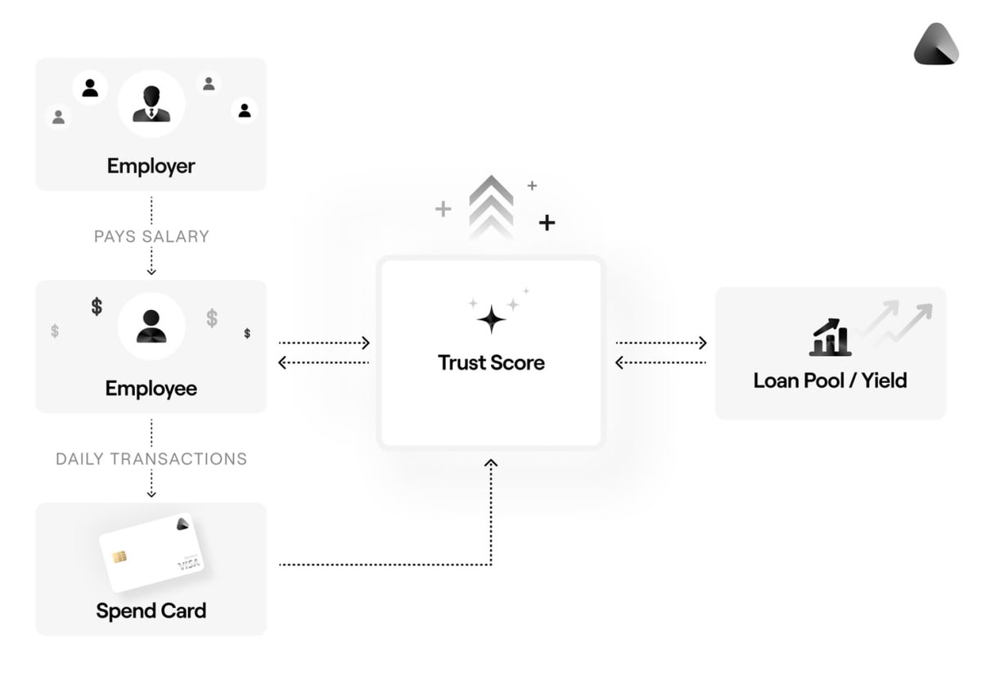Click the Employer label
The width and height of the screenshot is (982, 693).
point(151,166)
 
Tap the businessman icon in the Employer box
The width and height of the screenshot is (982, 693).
point(151,104)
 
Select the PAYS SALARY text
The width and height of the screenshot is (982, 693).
point(151,236)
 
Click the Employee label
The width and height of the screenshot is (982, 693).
point(151,389)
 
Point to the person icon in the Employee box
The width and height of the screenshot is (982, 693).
point(151,326)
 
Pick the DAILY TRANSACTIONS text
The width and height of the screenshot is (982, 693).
point(151,459)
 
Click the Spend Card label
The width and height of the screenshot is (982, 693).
point(151,611)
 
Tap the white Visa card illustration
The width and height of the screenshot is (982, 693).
point(151,552)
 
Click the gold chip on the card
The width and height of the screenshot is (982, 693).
point(119,557)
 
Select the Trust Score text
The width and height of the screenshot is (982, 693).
point(491,362)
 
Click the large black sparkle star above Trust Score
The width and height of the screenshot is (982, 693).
point(491,319)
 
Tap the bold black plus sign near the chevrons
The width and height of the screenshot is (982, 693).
point(547,223)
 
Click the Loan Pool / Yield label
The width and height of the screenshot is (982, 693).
point(830,380)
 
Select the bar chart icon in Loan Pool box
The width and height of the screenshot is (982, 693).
point(830,337)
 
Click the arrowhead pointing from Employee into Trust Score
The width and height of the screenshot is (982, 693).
point(366,343)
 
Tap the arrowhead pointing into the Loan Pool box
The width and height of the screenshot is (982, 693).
point(702,343)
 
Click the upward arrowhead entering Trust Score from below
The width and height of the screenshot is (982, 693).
point(491,464)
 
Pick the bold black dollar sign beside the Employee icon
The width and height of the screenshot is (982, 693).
point(97,307)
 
